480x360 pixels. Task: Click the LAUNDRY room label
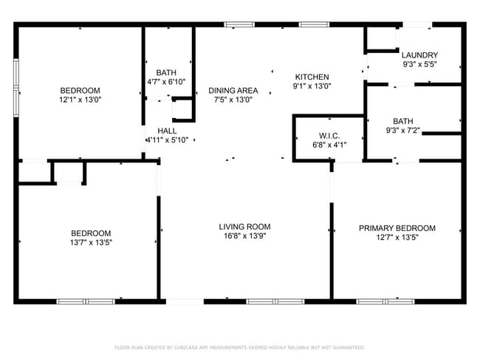coord(419,55)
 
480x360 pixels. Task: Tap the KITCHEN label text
coord(312,77)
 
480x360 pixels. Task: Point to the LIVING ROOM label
coord(244,226)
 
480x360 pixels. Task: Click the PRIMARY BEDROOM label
coord(397,228)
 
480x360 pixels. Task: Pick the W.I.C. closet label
coord(329,136)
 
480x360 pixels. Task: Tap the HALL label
coord(167,131)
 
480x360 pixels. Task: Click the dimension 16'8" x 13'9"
coord(244,237)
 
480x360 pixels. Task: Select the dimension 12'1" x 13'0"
coord(80,100)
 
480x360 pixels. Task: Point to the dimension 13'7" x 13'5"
coord(91,242)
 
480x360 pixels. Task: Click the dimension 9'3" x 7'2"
coord(402,131)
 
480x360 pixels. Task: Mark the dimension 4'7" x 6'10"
coord(166,81)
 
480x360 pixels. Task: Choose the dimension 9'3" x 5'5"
coord(419,65)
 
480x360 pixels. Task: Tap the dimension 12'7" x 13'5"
coord(397,238)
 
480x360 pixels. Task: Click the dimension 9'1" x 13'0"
coord(312,86)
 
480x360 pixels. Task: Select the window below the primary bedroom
coord(385,301)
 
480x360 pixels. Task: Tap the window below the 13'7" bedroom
coord(86,301)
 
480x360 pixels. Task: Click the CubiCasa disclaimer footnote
coord(239,347)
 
